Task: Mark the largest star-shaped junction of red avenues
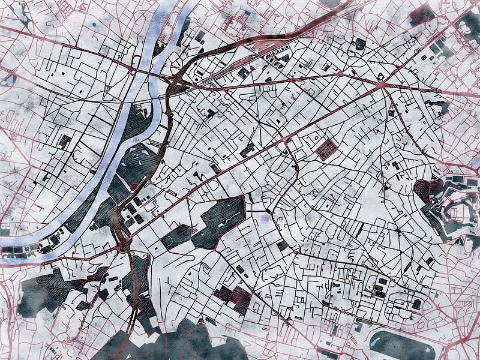(x=382, y=86)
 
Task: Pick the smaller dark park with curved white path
(x=175, y=237)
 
